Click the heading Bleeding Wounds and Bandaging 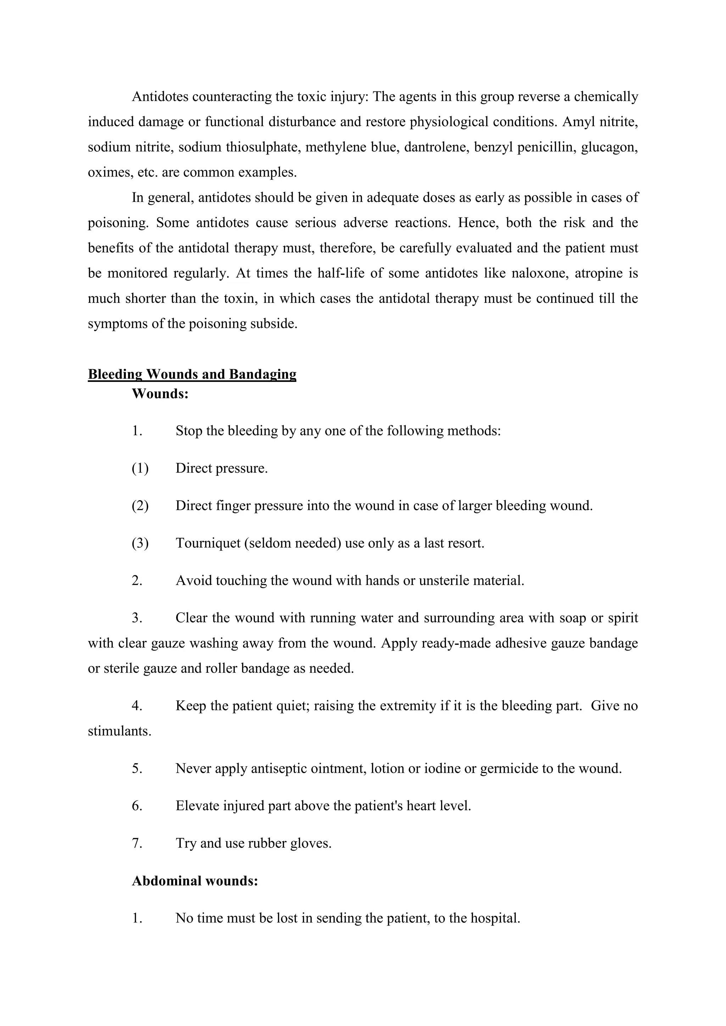click(192, 374)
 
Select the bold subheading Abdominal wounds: click(195, 881)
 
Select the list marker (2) click(140, 506)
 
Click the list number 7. click(137, 843)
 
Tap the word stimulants click(119, 731)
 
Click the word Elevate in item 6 click(197, 806)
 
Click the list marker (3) click(140, 543)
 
